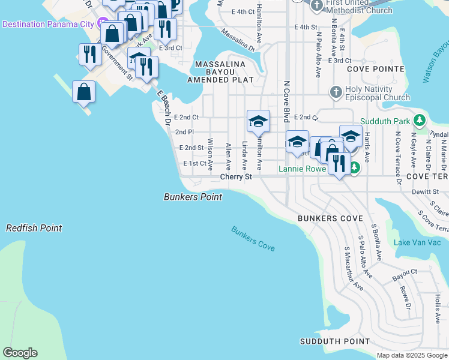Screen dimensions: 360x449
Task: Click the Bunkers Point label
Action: (x=193, y=197)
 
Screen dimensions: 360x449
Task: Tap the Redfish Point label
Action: (x=34, y=228)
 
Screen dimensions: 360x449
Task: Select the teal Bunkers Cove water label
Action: (x=253, y=238)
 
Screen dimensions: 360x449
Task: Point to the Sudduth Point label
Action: (x=335, y=341)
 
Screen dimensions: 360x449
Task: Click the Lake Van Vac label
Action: (x=417, y=242)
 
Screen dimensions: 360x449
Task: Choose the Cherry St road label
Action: (x=235, y=177)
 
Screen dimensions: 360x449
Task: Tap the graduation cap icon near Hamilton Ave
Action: (x=258, y=122)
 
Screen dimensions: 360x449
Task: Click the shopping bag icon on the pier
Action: (x=83, y=92)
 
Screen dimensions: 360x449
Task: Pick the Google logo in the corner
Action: (x=20, y=353)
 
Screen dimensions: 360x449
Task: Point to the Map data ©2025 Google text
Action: (x=412, y=355)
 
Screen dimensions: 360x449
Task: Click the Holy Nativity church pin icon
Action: (x=336, y=92)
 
